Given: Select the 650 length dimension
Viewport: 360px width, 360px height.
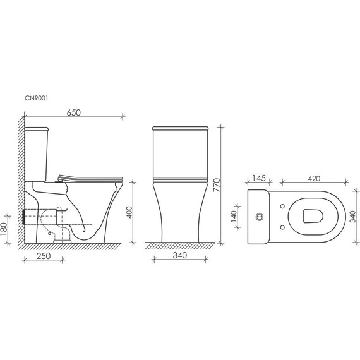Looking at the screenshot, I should tap(75, 112).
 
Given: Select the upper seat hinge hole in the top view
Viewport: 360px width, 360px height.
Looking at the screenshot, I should tap(280, 206).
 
